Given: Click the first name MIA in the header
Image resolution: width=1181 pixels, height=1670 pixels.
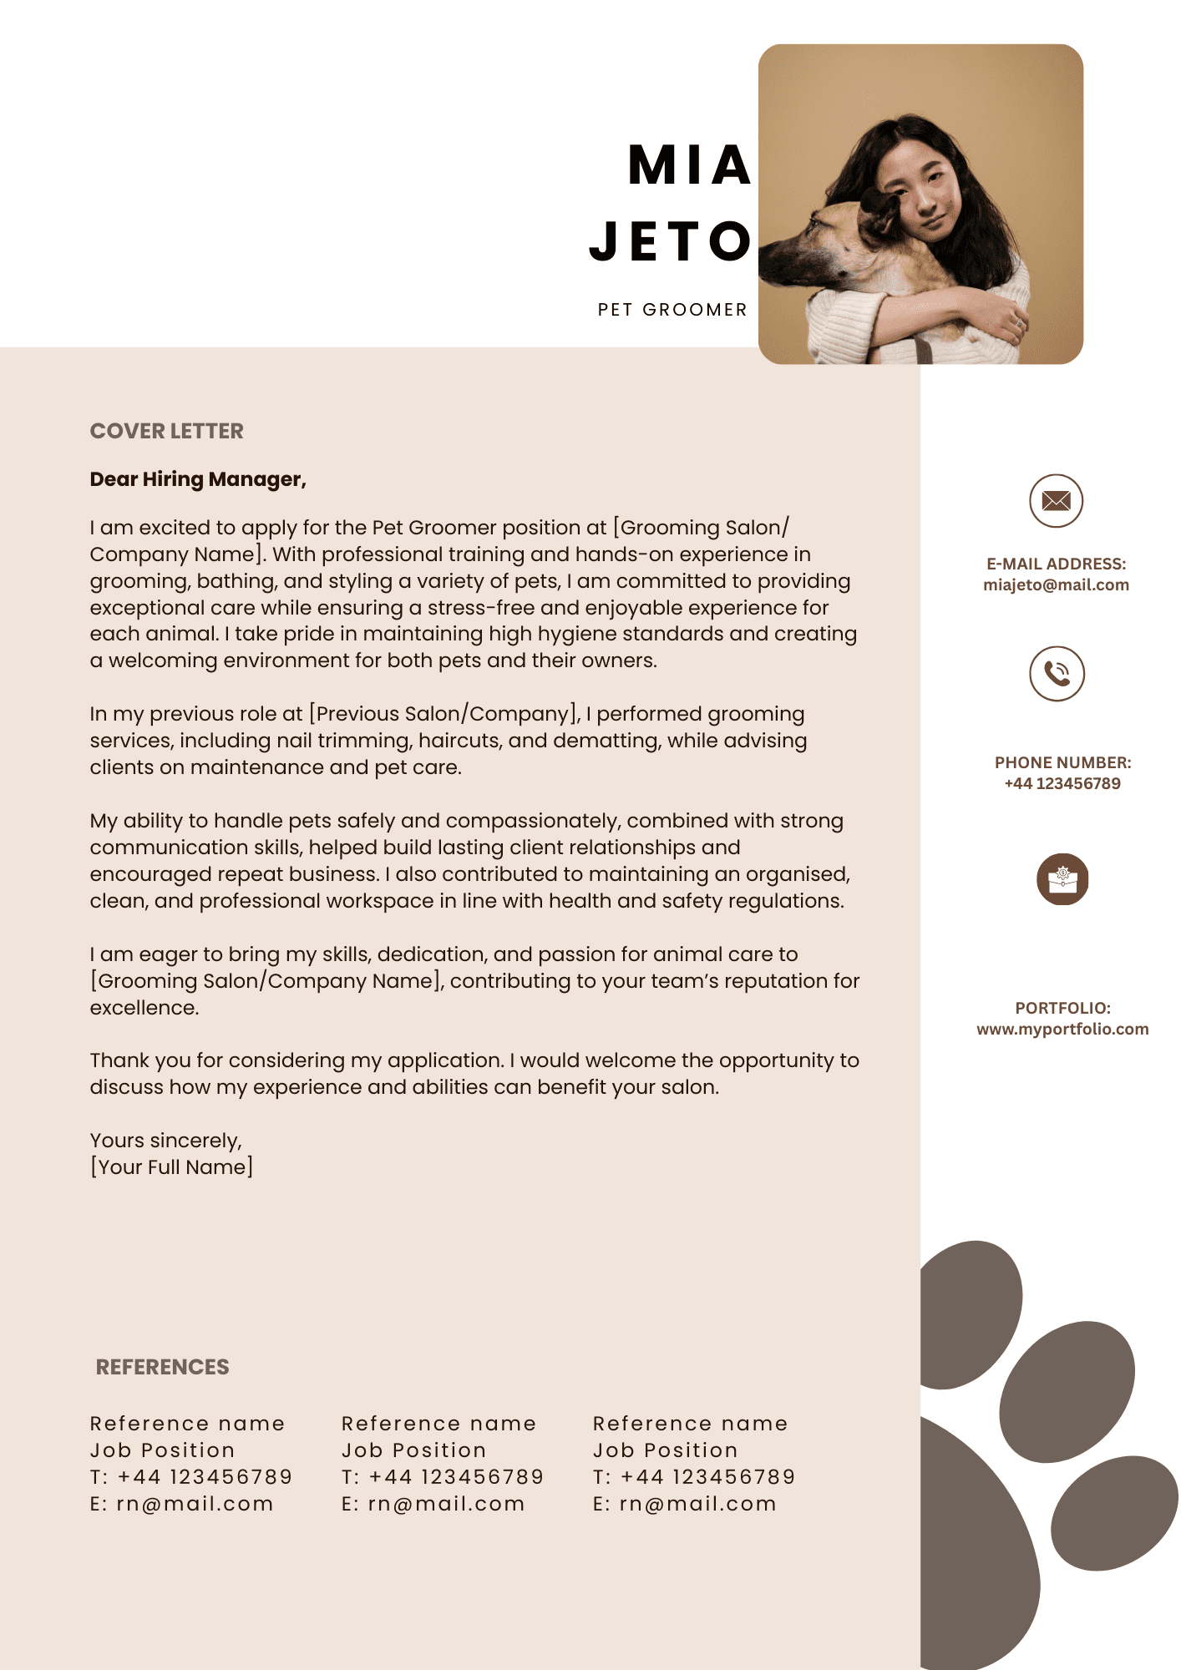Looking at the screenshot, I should click(690, 164).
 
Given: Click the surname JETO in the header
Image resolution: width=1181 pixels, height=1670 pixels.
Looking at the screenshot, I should click(672, 241).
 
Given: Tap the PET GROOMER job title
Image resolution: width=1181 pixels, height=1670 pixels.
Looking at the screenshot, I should click(672, 310).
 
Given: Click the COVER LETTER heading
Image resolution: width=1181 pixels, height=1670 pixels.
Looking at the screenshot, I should click(167, 431).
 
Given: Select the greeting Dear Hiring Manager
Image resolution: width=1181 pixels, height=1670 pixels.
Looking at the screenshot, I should click(198, 479).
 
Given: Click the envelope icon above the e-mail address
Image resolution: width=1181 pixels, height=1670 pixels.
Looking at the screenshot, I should click(1056, 501).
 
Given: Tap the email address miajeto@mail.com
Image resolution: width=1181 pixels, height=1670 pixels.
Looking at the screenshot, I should click(1056, 585).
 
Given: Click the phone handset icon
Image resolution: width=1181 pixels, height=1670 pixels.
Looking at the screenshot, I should click(1057, 674).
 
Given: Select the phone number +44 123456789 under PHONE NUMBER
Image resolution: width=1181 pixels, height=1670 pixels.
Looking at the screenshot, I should click(1062, 784).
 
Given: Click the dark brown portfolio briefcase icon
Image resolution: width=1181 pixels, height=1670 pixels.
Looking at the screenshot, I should click(1062, 879).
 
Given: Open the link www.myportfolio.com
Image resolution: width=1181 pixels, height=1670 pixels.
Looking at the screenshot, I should click(1062, 1030).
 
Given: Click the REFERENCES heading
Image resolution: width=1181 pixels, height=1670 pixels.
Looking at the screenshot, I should click(162, 1367).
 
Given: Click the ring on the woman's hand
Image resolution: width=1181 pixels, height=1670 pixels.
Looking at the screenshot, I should click(1017, 321).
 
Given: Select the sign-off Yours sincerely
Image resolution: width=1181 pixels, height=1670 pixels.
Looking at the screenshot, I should click(165, 1141).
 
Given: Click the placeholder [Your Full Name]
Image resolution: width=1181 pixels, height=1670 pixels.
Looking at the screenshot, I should click(171, 1167).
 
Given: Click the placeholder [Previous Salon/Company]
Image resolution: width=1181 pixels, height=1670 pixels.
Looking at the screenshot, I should click(444, 714).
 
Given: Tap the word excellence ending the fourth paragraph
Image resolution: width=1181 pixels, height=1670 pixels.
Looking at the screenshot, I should click(144, 1008).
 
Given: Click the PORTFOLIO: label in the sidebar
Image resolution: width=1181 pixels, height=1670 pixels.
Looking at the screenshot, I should click(1062, 1008).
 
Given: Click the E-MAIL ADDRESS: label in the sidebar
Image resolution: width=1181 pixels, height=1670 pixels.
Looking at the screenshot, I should click(1056, 564).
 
